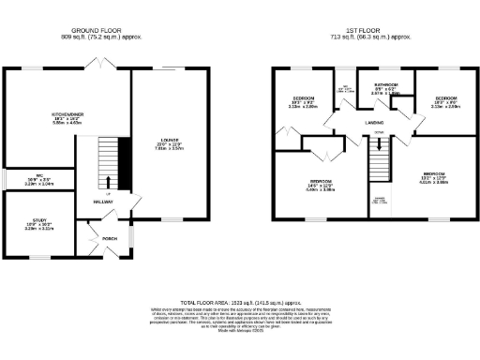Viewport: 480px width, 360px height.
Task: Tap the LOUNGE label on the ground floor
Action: pyautogui.click(x=169, y=141)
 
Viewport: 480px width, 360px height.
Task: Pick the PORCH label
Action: pyautogui.click(x=109, y=237)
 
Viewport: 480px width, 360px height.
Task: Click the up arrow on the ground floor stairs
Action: pyautogui.click(x=110, y=183)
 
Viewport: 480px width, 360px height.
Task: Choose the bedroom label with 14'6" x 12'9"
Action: pyautogui.click(x=322, y=181)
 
